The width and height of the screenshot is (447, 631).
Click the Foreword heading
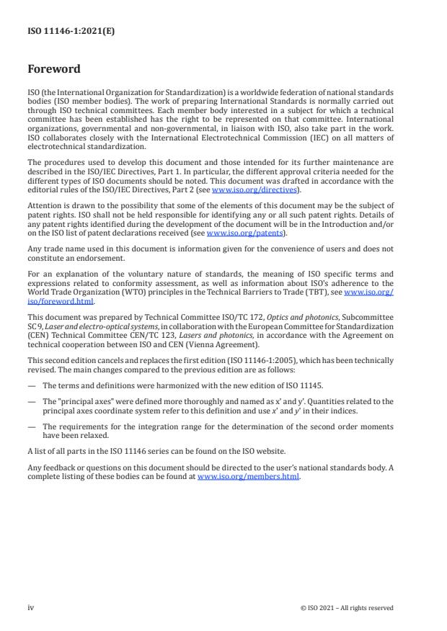tap(53, 70)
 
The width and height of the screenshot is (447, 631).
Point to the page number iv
tap(31, 607)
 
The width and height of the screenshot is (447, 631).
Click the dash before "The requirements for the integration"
tap(31, 426)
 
